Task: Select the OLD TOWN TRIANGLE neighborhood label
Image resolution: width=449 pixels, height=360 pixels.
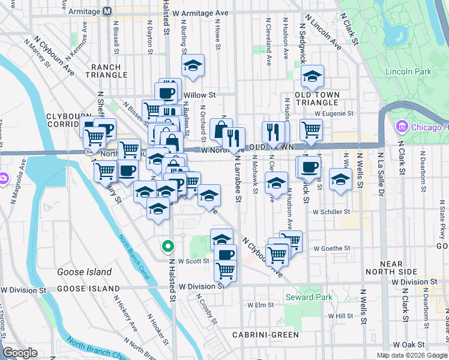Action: pos(317,99)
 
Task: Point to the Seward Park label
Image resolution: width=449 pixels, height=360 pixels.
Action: pos(309,297)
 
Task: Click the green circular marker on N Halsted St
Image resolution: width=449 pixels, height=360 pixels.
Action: pos(168,246)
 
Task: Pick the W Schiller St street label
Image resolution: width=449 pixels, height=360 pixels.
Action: pos(331,212)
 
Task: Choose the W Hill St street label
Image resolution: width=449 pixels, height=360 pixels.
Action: pos(340,316)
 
